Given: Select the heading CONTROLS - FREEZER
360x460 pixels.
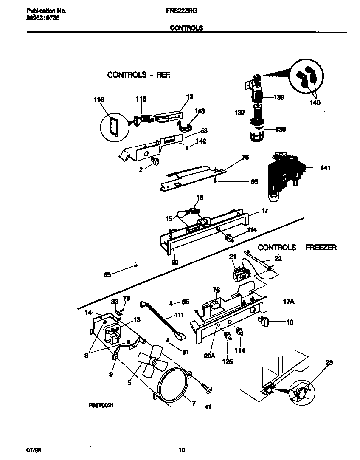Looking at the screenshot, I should tap(297, 247).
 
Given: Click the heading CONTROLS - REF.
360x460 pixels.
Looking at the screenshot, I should tap(139, 75).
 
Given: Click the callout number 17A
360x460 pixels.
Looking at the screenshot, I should tap(289, 302).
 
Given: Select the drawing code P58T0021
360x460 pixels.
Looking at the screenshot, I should tap(101, 406).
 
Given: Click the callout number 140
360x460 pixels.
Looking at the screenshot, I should tap(315, 102).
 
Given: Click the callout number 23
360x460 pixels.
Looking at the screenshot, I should tap(329, 363).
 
